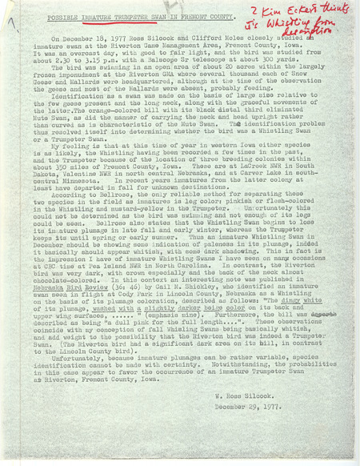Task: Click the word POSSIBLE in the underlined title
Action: click(61, 18)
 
